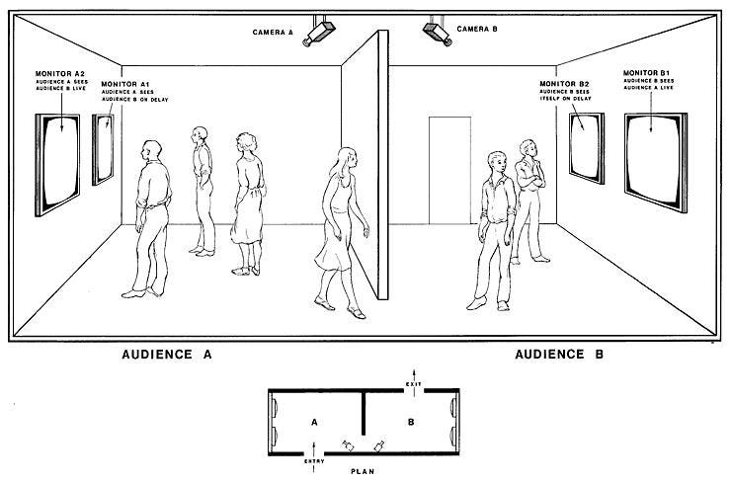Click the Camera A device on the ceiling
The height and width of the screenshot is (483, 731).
point(321,33)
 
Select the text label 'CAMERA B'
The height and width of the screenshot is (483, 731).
point(478,31)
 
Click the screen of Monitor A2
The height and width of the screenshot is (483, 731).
point(59,163)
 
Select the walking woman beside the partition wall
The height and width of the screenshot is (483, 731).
point(341,227)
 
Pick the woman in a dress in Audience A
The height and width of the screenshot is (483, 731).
point(248,202)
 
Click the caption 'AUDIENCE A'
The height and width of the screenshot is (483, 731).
point(167,354)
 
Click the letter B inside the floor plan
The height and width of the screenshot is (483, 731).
point(408,422)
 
